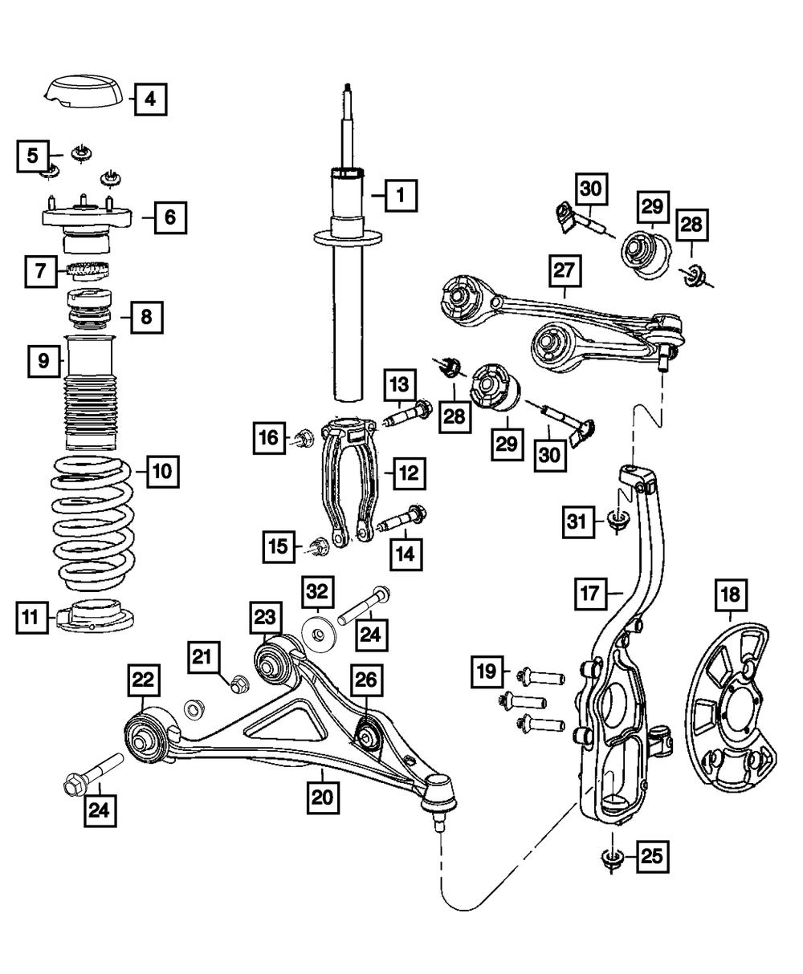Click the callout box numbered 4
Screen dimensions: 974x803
[x=150, y=100]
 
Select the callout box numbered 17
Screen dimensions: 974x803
[x=592, y=595]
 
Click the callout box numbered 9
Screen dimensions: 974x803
[x=43, y=361]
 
